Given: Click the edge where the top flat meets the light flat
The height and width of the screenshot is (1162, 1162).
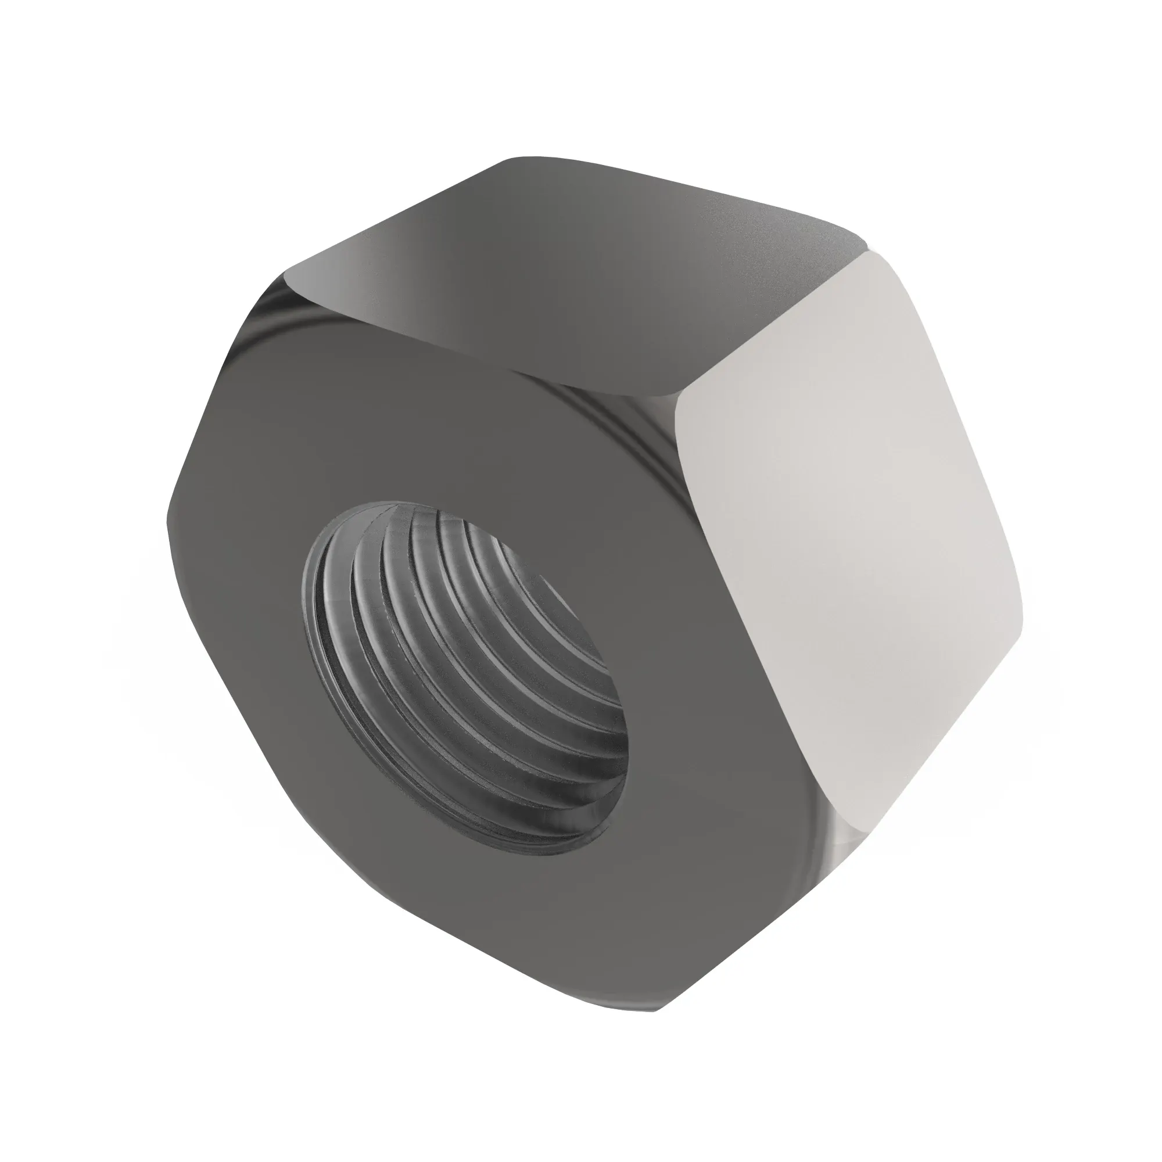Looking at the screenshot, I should [x=776, y=325].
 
